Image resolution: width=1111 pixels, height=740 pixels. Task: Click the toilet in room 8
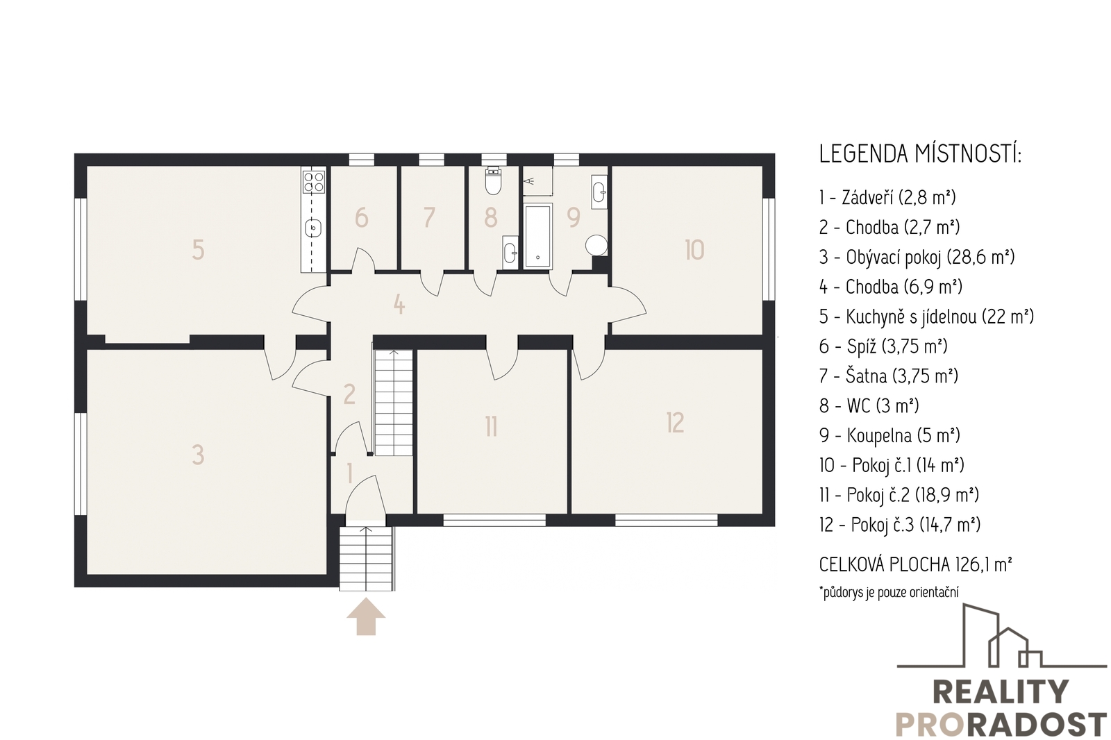coord(493,181)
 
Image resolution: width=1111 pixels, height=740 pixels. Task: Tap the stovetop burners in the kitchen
coord(313,181)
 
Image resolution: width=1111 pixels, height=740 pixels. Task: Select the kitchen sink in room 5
coord(313,228)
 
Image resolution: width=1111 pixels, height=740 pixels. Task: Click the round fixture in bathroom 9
coord(596,245)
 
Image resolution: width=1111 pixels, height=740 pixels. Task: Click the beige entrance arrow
coord(366,616)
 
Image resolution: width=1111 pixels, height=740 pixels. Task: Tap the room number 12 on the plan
coord(676,423)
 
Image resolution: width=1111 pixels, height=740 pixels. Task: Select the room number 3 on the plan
coord(198,454)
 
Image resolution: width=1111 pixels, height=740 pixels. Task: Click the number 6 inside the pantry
coord(362,217)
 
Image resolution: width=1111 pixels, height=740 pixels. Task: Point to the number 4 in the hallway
coord(399,304)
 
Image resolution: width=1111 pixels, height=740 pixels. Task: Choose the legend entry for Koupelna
coord(889,435)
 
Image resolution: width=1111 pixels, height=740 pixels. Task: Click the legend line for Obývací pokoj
coord(917,257)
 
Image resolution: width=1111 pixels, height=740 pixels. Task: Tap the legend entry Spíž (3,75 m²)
coord(883,346)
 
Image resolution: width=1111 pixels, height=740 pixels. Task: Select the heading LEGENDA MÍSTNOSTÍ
coord(921,154)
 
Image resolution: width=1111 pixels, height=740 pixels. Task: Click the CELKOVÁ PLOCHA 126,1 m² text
coord(916,564)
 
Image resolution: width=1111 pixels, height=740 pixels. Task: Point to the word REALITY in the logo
coord(1001,691)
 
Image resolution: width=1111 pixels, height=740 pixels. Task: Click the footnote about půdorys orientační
coord(889,592)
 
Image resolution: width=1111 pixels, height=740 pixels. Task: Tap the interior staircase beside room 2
coord(393,402)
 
